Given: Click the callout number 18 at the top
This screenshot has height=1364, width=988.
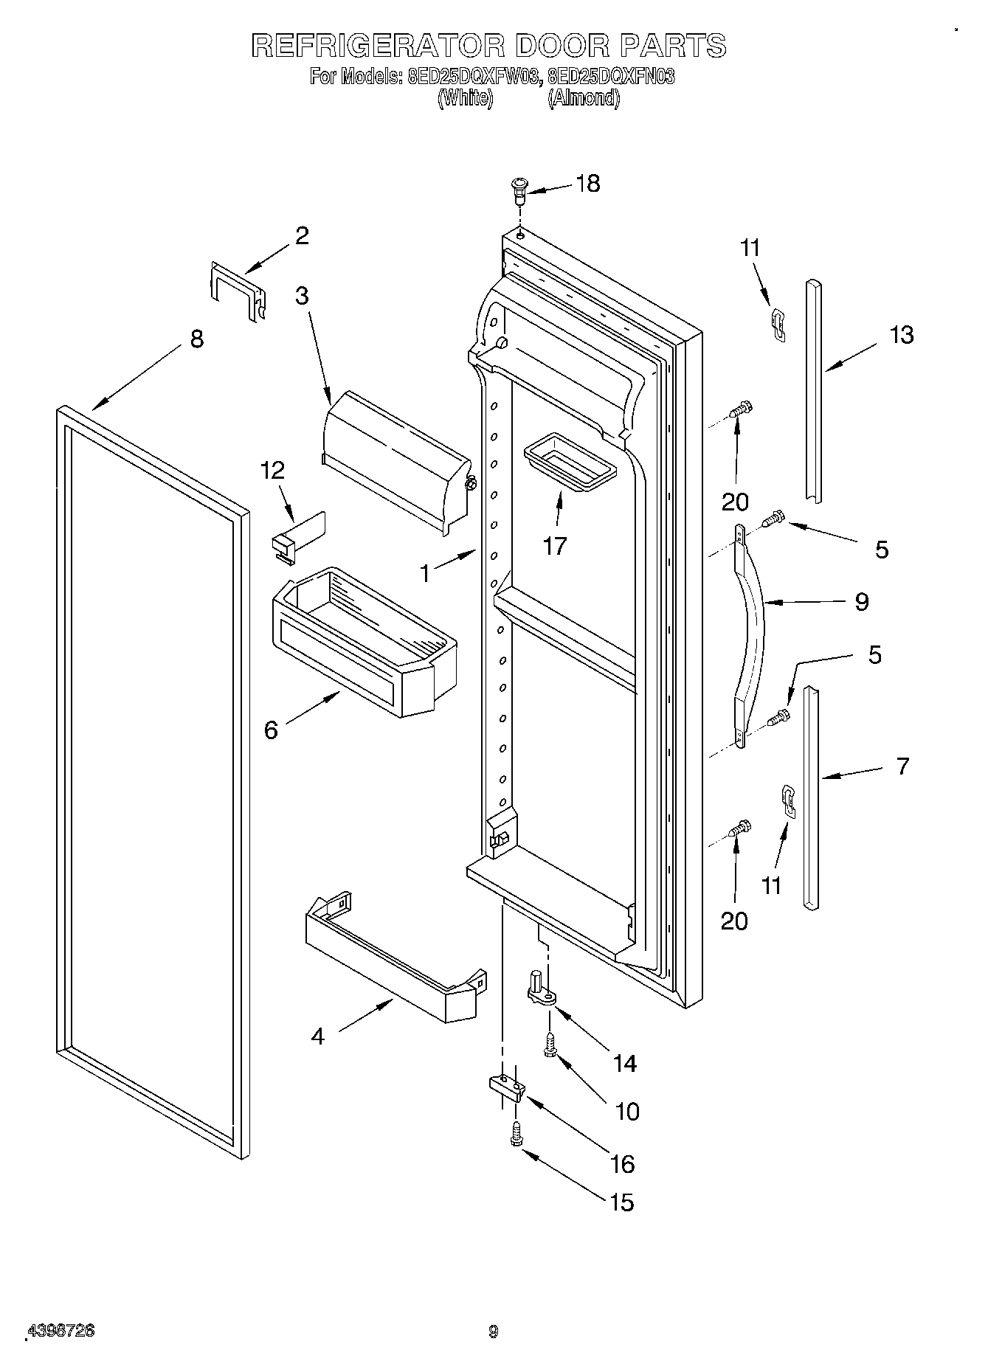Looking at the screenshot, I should [588, 184].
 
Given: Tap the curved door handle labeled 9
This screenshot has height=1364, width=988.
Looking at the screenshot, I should [750, 634].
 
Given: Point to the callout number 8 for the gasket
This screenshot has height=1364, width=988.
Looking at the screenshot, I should [196, 340].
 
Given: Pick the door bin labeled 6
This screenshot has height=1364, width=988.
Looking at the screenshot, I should [365, 642].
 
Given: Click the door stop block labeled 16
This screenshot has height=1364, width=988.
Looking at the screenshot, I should [505, 1087].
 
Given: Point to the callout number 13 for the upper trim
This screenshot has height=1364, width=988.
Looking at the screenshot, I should [902, 335].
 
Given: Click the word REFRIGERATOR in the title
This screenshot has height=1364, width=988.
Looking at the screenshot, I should [377, 46].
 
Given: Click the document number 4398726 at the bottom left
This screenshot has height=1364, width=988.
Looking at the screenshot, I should [61, 1331].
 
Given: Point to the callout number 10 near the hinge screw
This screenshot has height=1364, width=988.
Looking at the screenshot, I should [627, 1111].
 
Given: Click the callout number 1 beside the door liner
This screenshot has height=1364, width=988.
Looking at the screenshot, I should [424, 573].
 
